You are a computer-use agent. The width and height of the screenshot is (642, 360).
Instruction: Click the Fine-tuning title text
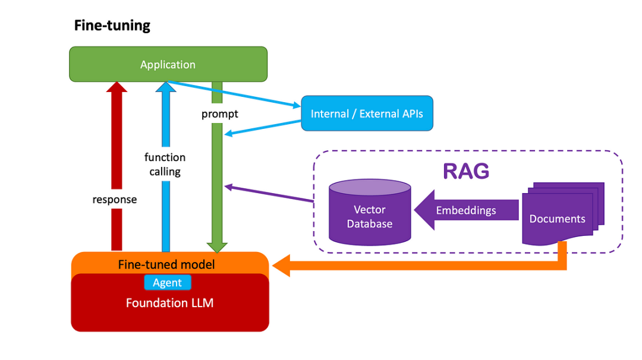point(112,26)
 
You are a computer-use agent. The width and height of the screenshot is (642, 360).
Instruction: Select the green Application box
point(168,64)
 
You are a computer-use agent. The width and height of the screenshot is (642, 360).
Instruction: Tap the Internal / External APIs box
point(367,113)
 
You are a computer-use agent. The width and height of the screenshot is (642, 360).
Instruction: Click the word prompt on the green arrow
point(219,113)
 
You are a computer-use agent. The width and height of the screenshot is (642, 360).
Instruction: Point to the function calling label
point(165,165)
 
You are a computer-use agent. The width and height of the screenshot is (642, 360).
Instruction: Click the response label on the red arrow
point(115,200)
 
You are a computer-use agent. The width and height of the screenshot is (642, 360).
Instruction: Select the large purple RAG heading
point(466,171)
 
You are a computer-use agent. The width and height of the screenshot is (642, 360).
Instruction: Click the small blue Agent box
point(167,283)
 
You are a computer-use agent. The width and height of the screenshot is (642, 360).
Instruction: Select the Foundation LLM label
point(169,303)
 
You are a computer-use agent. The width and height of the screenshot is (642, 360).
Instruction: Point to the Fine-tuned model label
point(166,264)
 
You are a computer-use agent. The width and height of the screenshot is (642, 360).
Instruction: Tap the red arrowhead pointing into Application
point(116,88)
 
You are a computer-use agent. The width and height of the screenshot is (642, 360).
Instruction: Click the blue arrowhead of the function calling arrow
point(166,87)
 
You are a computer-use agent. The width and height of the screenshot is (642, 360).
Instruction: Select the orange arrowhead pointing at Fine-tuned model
point(281,265)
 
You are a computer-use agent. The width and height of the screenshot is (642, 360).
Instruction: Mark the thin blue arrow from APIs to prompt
point(262,128)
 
